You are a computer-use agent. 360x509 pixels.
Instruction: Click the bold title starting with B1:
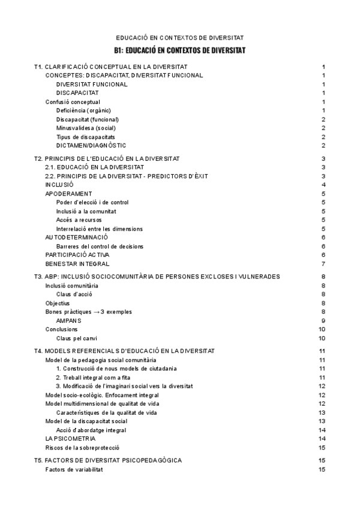(x=179, y=50)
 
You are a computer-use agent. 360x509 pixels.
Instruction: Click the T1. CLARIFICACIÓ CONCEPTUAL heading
(x=111, y=67)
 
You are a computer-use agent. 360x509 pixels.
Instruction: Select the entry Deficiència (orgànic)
(x=83, y=110)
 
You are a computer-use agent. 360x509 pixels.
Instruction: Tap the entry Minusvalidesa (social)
(x=86, y=128)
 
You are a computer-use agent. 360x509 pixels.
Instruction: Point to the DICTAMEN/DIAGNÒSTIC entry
(x=91, y=145)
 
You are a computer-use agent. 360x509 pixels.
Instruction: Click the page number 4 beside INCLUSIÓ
(x=323, y=185)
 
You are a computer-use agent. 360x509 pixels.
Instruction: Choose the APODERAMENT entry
(x=69, y=194)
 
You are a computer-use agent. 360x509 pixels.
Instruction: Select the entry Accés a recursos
(x=79, y=220)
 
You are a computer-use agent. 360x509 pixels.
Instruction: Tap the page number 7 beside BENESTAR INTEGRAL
(x=323, y=264)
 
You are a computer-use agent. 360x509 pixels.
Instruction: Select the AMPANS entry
(x=68, y=321)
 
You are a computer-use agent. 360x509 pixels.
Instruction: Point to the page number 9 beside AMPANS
(x=323, y=321)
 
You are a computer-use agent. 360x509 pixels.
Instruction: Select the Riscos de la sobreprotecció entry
(x=83, y=448)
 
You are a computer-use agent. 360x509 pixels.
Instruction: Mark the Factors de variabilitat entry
(x=74, y=469)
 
